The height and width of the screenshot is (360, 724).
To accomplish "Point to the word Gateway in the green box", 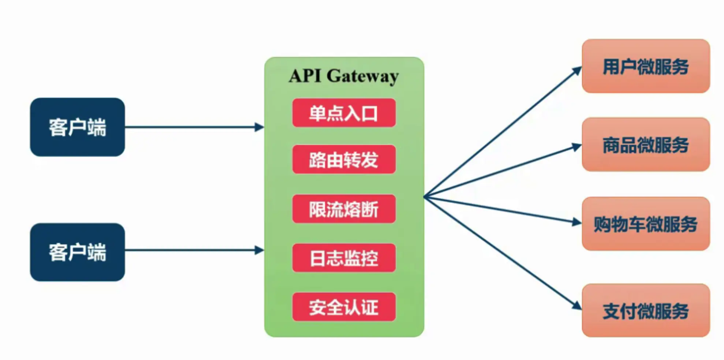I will click(362, 77).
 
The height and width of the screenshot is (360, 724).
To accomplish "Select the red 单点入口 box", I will click(344, 113).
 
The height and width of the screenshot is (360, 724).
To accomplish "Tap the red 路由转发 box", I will click(344, 160).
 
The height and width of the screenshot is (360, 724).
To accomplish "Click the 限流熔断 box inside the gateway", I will click(344, 209).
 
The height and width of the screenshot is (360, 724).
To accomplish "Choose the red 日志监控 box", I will click(344, 258).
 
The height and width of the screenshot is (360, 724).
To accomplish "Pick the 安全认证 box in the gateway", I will click(344, 307).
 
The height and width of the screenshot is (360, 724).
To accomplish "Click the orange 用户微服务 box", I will click(646, 66).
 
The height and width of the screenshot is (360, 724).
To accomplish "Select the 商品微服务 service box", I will click(646, 145).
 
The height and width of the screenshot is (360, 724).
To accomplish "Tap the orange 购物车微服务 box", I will click(646, 224).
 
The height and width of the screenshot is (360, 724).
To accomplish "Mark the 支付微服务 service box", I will click(646, 311).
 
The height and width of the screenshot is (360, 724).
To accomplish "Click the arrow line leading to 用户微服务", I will click(501, 133).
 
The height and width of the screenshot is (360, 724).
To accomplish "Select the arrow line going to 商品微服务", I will click(501, 171).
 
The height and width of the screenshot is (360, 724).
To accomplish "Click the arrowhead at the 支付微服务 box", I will click(577, 306).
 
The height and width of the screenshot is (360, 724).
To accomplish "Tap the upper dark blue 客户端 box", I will click(77, 127).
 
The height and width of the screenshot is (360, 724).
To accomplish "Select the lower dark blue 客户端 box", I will click(77, 252).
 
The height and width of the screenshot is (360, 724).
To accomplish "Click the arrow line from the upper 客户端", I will click(190, 127).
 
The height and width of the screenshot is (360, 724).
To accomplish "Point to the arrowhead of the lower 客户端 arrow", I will click(260, 250).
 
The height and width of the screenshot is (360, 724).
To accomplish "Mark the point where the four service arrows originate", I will click(425, 197).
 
